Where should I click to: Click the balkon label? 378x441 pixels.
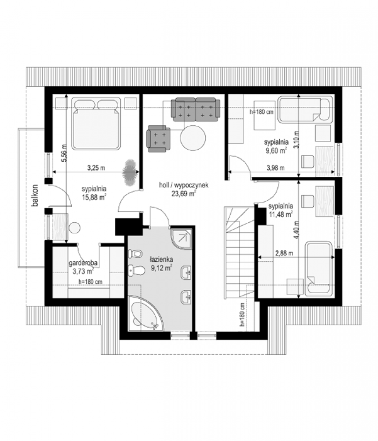point(35,195)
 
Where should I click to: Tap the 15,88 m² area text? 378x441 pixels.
point(94,197)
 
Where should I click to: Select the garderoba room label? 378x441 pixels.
point(83,263)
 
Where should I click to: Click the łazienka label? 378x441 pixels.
point(161,259)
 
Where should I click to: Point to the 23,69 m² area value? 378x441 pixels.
point(184,194)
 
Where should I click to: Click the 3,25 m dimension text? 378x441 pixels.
point(96,168)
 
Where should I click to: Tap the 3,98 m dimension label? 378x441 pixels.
point(276,168)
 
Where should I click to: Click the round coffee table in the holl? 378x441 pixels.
point(193,138)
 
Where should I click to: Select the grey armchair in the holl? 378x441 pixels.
point(158,139)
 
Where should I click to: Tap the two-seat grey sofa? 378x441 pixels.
point(195,110)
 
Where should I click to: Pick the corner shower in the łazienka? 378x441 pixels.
point(181,239)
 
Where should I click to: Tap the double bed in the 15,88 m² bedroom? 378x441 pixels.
point(96,124)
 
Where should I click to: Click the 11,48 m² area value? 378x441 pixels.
point(281,214)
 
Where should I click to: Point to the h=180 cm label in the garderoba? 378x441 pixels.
point(90,282)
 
